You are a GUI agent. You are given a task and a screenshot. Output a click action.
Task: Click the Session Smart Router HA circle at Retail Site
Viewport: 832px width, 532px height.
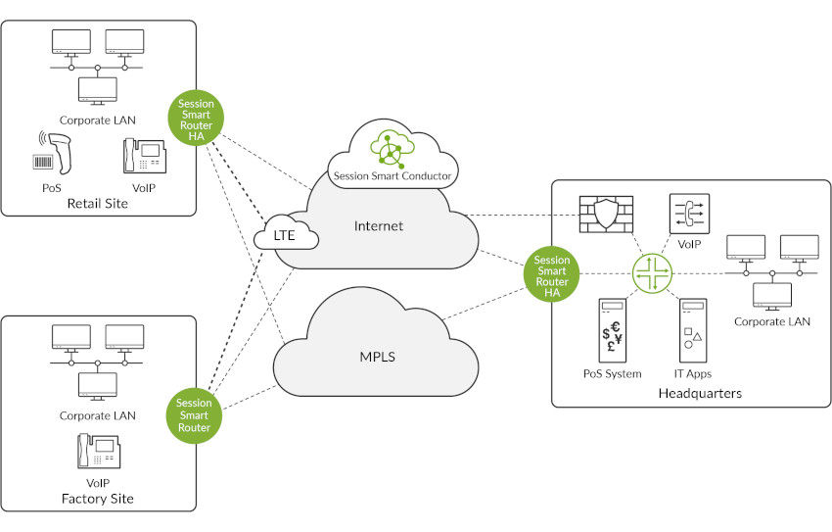[196, 119]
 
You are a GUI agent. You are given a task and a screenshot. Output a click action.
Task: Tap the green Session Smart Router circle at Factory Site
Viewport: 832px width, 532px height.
[194, 414]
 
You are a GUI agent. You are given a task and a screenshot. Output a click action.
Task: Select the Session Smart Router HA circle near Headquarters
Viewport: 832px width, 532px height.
[551, 274]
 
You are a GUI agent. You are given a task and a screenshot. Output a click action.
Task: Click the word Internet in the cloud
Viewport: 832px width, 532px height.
[380, 226]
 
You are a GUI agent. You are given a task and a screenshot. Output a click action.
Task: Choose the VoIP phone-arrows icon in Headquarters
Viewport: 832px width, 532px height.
[690, 213]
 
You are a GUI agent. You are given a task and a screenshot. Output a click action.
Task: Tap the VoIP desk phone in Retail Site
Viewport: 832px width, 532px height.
[143, 157]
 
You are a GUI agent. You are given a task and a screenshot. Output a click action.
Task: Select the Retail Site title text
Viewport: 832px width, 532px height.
[97, 204]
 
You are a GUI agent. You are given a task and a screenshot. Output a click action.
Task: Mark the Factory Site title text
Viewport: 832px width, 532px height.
[97, 499]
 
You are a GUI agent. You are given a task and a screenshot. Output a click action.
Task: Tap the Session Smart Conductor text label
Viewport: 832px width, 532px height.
[393, 177]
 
